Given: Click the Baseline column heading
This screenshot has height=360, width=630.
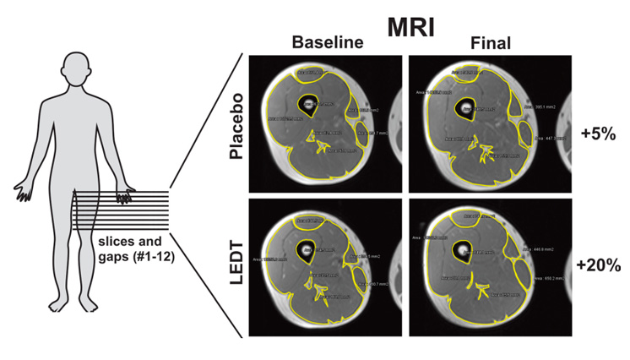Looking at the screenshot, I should point(325,42).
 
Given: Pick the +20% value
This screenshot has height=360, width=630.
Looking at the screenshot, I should point(600,265).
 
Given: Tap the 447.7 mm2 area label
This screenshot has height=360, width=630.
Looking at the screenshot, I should point(551,138).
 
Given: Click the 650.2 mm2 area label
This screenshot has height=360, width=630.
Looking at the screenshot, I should point(550,276).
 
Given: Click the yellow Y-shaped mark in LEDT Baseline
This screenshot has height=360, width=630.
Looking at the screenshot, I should point(318,290).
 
